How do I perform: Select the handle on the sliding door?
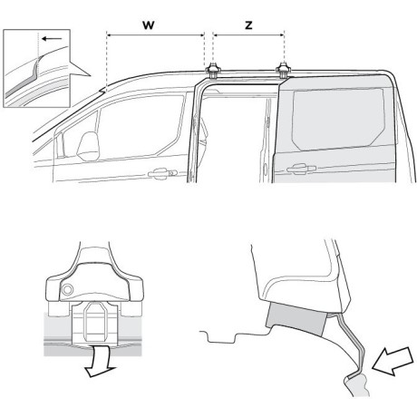[296, 169]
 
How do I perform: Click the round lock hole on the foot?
[70, 289]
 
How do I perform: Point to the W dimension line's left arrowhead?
[110, 36]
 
